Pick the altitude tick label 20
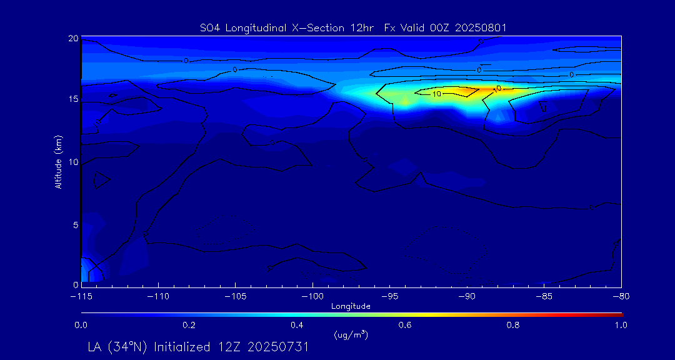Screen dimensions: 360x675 point(73,38)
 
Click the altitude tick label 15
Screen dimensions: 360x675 point(73,99)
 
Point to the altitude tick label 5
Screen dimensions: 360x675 point(75,224)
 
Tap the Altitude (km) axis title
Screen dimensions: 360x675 point(59,161)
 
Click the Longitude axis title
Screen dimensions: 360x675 point(351,306)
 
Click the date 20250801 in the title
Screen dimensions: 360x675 point(482,27)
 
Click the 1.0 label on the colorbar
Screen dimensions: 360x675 point(621,325)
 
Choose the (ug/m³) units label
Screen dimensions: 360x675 point(351,335)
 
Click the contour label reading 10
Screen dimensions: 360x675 point(437,94)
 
